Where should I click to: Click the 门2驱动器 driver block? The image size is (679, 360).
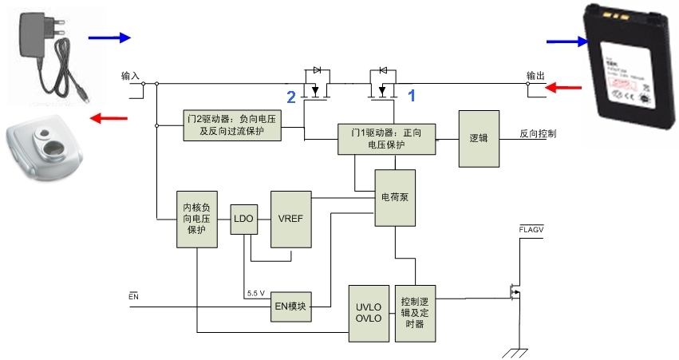(x=231, y=126)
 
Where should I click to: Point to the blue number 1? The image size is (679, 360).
(x=413, y=95)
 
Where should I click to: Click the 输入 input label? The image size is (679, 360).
(x=130, y=77)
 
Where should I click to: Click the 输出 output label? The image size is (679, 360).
(x=535, y=77)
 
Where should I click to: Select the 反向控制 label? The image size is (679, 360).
(x=538, y=133)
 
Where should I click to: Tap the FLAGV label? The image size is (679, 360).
(x=531, y=230)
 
